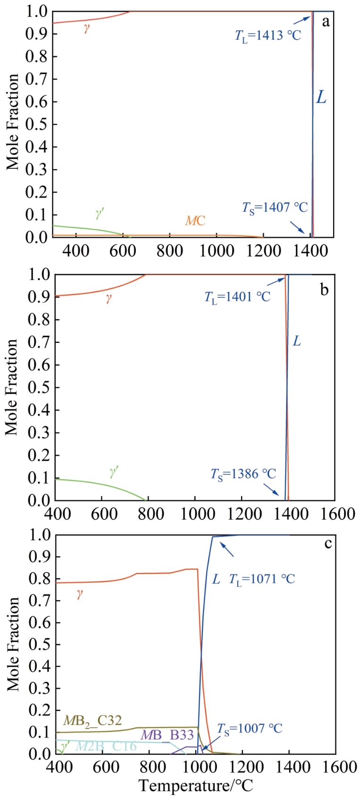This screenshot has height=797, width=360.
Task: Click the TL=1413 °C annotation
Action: pyautogui.click(x=268, y=36)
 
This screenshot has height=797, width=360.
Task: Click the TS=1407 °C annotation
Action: pyautogui.click(x=275, y=208)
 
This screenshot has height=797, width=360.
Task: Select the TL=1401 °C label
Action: pyautogui.click(x=237, y=297)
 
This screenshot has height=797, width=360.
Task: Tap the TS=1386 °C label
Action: pyautogui.click(x=243, y=474)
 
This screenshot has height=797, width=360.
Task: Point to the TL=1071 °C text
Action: pyautogui.click(x=262, y=579)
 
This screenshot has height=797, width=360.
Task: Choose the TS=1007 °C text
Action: pyautogui.click(x=250, y=729)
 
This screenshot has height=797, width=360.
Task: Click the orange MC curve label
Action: pyautogui.click(x=195, y=221)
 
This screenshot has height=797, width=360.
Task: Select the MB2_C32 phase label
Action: pyautogui.click(x=92, y=721)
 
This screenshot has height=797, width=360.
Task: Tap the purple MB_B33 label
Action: pyautogui.click(x=167, y=735)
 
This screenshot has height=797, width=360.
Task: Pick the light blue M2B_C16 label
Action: pyautogui.click(x=106, y=746)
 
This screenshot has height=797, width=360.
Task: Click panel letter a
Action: pyautogui.click(x=326, y=22)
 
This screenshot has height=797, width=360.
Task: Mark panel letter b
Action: pyautogui.click(x=324, y=290)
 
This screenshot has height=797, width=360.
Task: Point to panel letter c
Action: pyautogui.click(x=328, y=543)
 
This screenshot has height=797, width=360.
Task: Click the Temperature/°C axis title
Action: pyautogui.click(x=195, y=786)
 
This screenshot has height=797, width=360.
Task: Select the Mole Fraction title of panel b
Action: pyautogui.click(x=11, y=387)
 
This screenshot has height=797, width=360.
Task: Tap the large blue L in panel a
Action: pyautogui.click(x=321, y=97)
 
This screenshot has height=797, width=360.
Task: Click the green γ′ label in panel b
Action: pyautogui.click(x=114, y=472)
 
